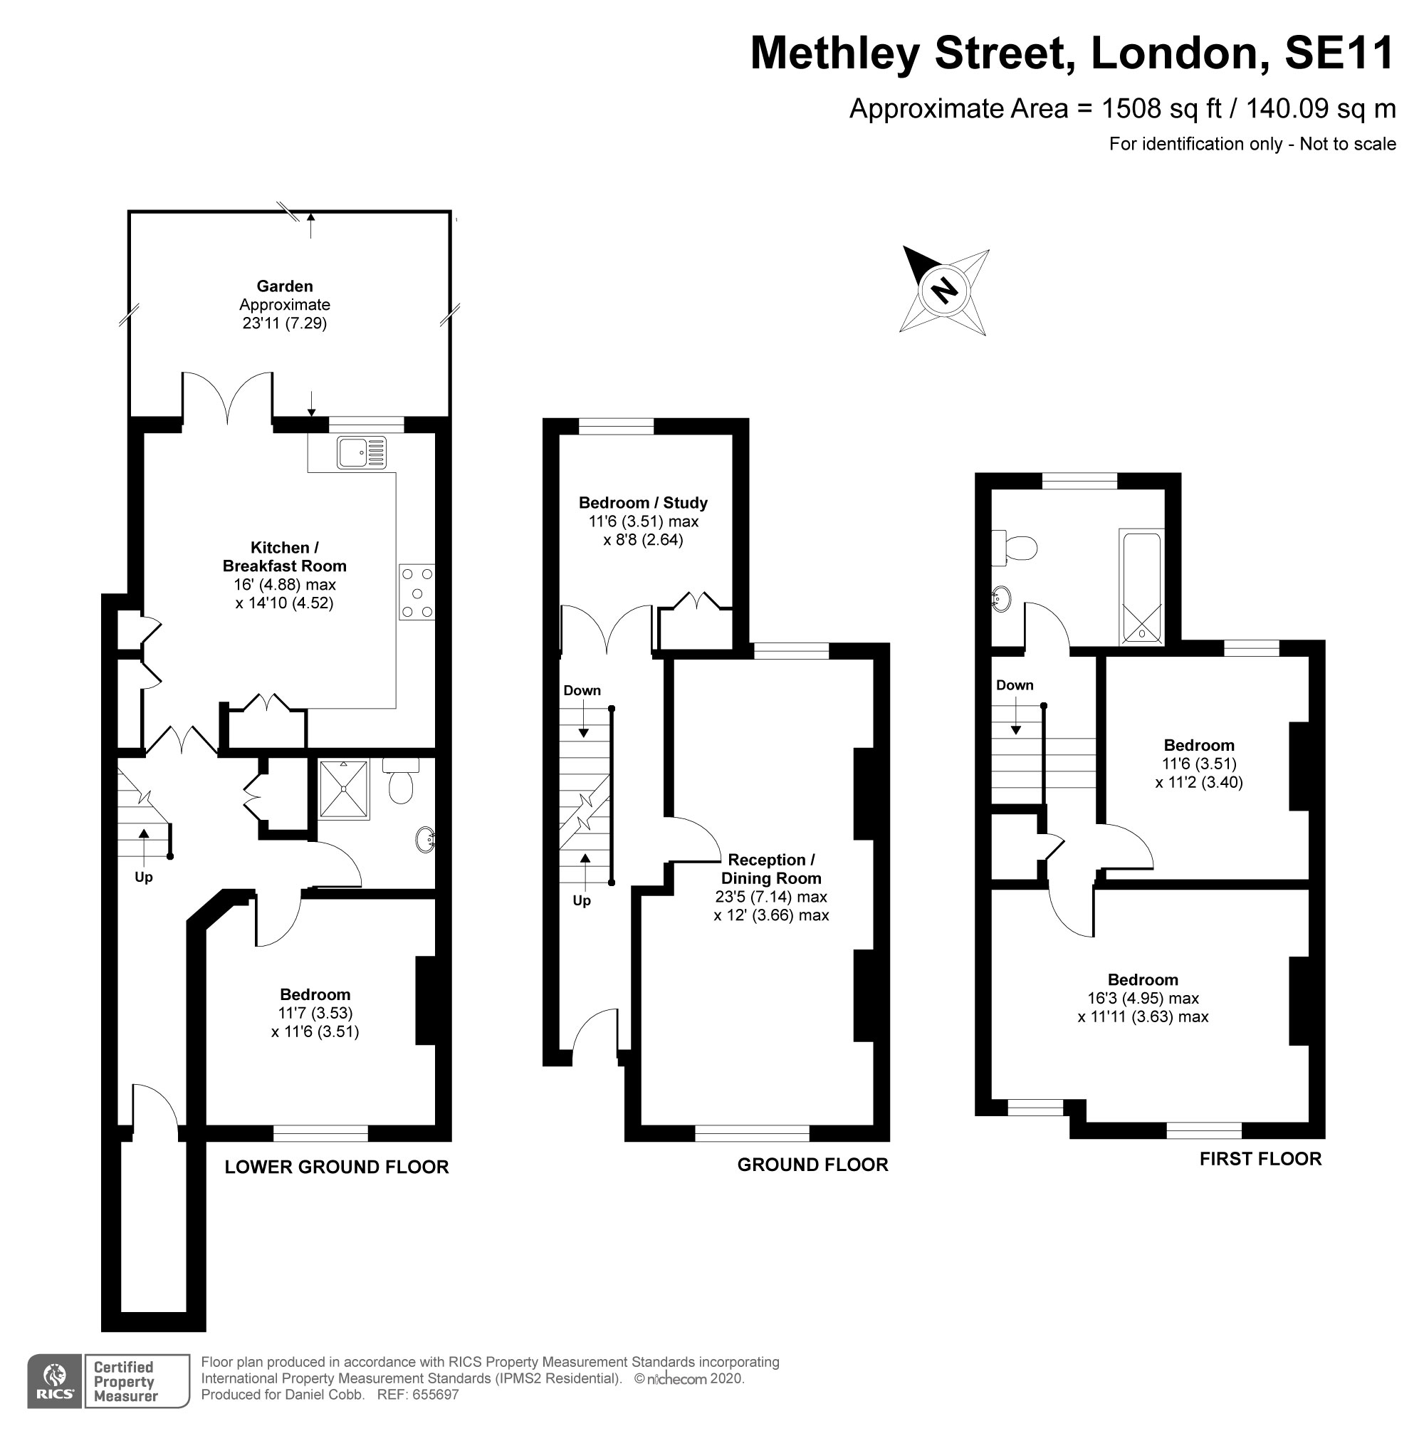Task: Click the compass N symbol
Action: click(944, 289)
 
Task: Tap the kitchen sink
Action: click(361, 452)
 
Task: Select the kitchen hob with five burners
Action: click(417, 593)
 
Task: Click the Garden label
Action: click(285, 286)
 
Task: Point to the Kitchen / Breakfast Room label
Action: click(285, 557)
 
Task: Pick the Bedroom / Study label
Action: click(642, 503)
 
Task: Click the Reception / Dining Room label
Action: click(771, 869)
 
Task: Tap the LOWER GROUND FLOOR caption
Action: click(337, 1167)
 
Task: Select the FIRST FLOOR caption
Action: click(1260, 1159)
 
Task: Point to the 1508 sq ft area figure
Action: click(1161, 109)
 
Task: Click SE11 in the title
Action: click(1339, 53)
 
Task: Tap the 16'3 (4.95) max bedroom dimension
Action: click(1143, 998)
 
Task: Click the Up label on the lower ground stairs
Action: click(143, 877)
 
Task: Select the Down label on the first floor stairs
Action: click(1014, 685)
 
